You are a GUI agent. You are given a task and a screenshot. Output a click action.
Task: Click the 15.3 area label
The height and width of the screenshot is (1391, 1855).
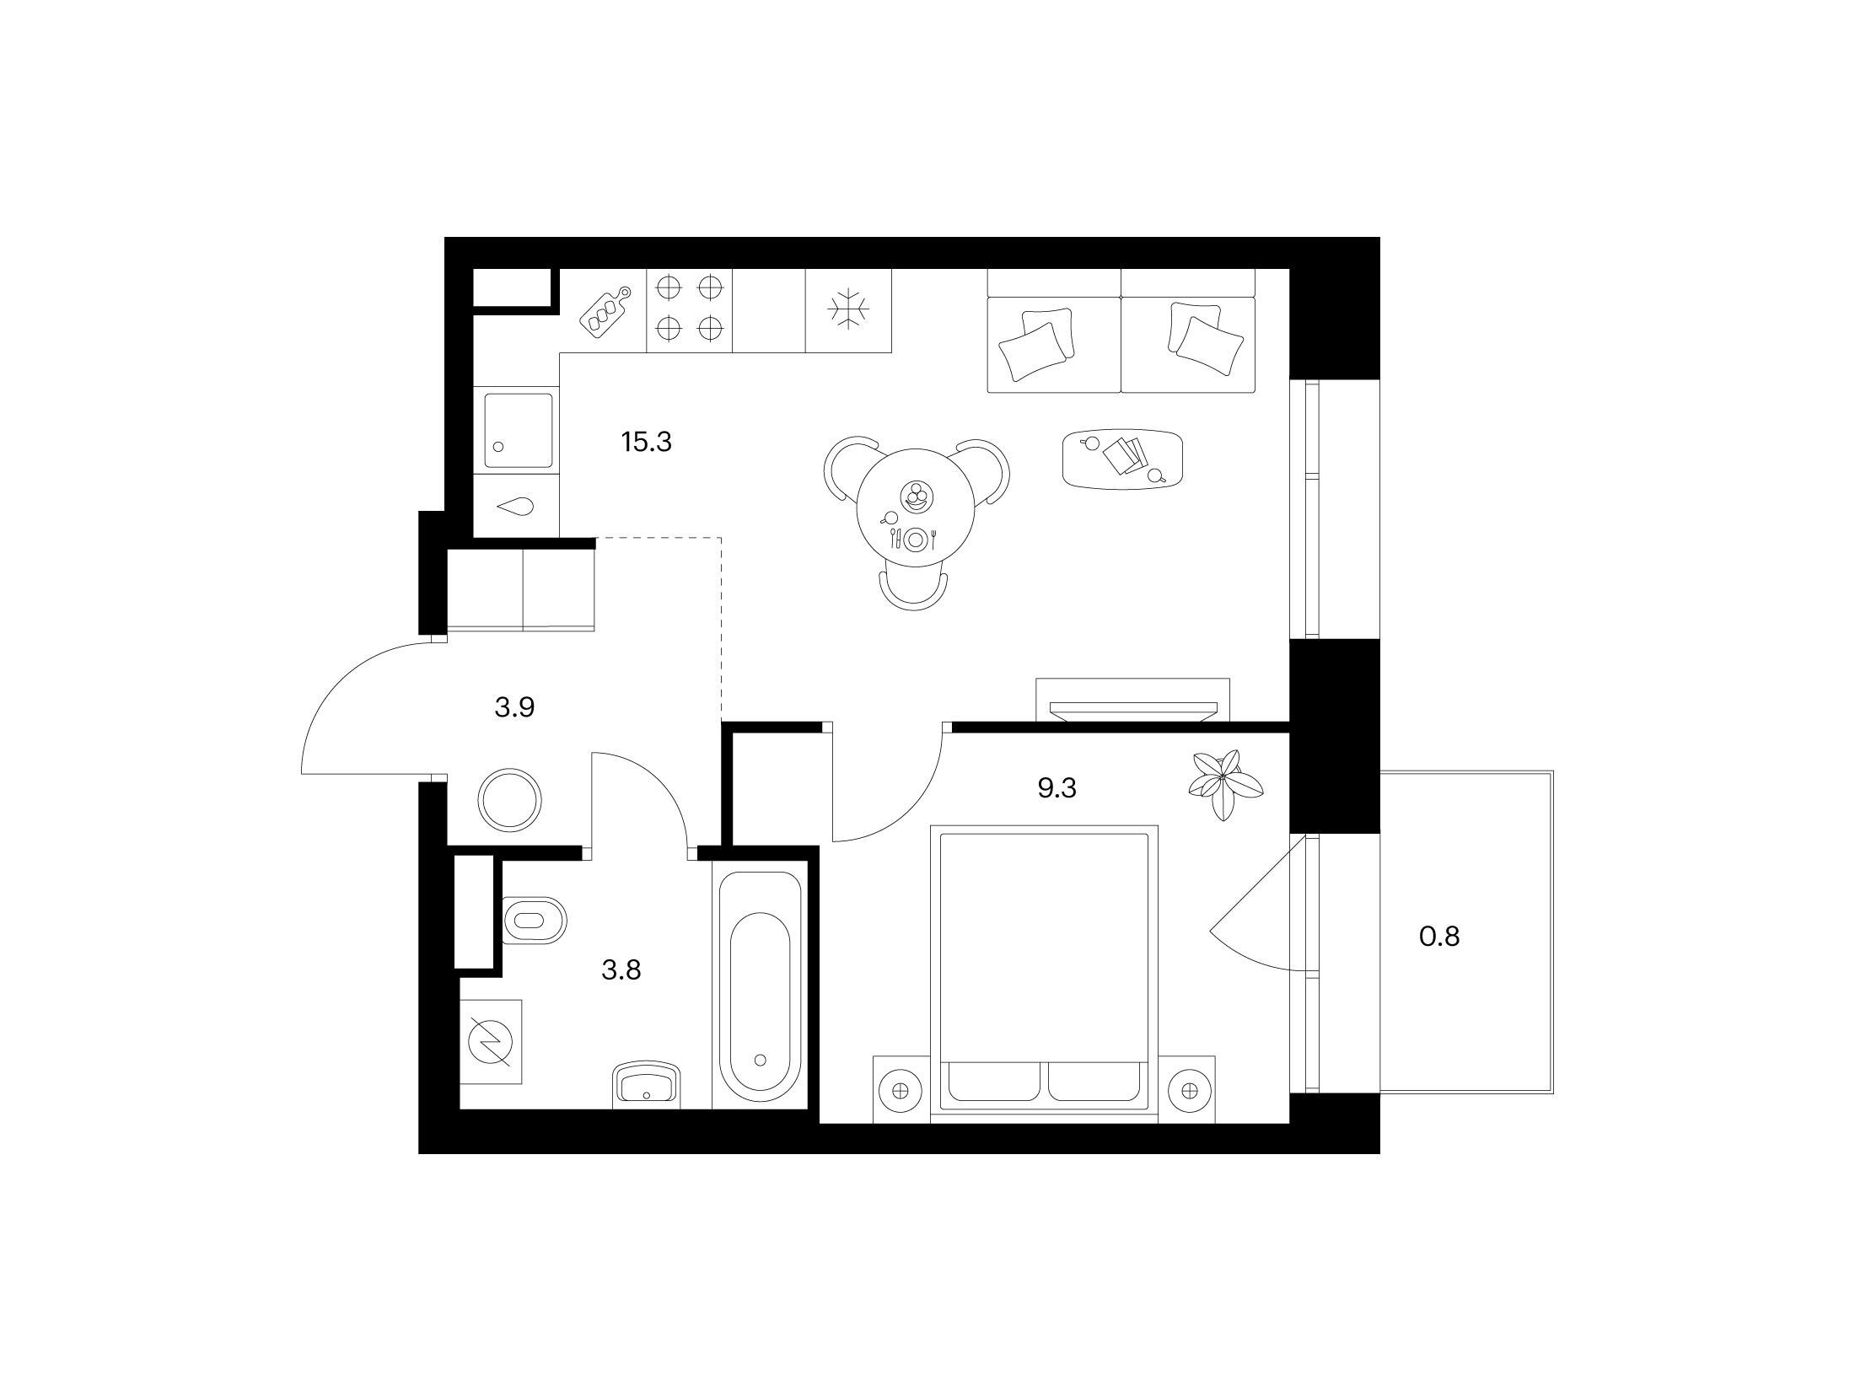[646, 442]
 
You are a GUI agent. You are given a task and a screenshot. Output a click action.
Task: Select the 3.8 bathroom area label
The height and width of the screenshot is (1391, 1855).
[621, 970]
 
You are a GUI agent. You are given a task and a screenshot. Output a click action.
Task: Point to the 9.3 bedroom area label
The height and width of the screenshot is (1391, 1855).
[1057, 788]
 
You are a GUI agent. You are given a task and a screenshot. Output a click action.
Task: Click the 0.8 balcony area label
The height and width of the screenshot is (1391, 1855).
[1439, 936]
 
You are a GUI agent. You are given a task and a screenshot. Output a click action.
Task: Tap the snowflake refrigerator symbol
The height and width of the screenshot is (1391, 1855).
[848, 310]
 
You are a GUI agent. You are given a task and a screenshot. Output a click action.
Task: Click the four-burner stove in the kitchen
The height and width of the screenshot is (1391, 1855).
[690, 309]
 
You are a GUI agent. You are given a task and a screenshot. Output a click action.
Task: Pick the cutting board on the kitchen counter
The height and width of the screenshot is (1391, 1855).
[605, 312]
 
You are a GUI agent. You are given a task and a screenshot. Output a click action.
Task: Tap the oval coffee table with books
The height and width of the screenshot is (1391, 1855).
[1122, 459]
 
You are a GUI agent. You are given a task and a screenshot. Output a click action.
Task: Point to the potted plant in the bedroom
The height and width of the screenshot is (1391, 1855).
[1225, 784]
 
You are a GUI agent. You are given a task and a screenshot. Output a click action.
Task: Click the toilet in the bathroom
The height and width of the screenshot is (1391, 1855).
[535, 921]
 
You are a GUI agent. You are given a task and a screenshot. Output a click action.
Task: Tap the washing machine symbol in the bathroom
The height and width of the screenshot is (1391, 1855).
[490, 1042]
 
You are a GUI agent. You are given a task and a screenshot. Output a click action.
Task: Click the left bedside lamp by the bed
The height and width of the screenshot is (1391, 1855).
[901, 1091]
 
